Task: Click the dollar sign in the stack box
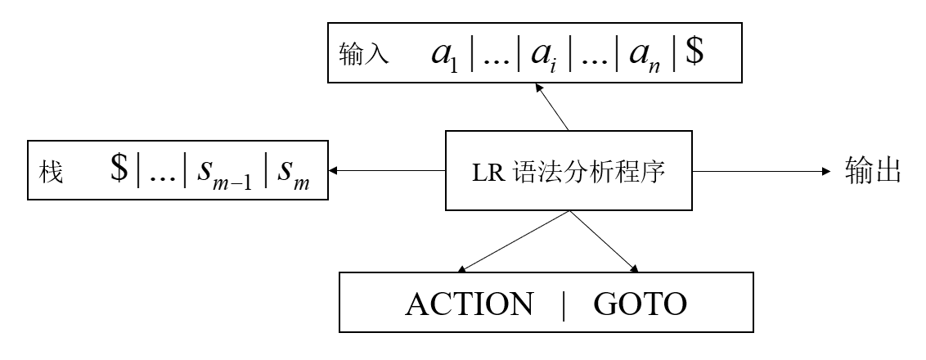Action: tap(121, 170)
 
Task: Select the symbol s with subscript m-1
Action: tap(225, 173)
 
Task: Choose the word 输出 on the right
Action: tap(873, 171)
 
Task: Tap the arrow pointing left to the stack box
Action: tap(384, 171)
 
